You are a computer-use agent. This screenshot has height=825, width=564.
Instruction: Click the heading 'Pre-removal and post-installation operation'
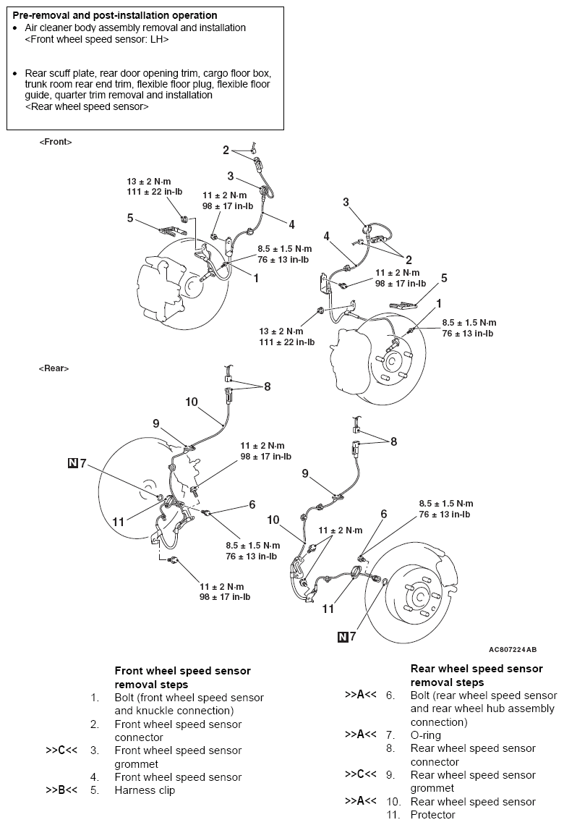click(x=114, y=15)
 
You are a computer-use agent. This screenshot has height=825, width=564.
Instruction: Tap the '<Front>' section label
click(x=56, y=143)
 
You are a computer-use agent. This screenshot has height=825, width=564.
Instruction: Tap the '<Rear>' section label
click(x=54, y=368)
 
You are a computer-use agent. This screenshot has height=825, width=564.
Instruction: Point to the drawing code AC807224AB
click(x=513, y=650)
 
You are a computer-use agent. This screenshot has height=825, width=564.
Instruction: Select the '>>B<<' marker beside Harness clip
click(x=61, y=790)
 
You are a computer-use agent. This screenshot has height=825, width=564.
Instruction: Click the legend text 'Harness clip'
click(x=145, y=790)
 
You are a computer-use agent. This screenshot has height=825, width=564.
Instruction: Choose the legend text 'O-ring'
click(x=426, y=735)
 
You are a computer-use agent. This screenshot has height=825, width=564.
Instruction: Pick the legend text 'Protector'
click(x=433, y=815)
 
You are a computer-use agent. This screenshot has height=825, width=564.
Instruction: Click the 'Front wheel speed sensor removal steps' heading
click(x=182, y=677)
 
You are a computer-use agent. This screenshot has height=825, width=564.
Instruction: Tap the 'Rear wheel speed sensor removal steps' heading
click(x=477, y=675)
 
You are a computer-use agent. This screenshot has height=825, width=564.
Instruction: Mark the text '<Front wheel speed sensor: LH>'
click(x=97, y=40)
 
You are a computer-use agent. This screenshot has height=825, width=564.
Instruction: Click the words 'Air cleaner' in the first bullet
click(x=51, y=27)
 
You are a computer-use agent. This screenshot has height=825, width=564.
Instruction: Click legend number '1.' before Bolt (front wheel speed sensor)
click(x=95, y=698)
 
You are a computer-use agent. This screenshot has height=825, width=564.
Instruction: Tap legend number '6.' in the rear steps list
click(x=390, y=695)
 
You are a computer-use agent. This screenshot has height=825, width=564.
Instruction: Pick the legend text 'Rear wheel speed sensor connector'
click(x=473, y=755)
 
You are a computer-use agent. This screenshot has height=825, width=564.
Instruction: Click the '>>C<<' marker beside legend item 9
click(x=360, y=774)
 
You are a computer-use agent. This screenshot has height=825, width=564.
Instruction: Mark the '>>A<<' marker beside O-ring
click(x=360, y=735)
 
